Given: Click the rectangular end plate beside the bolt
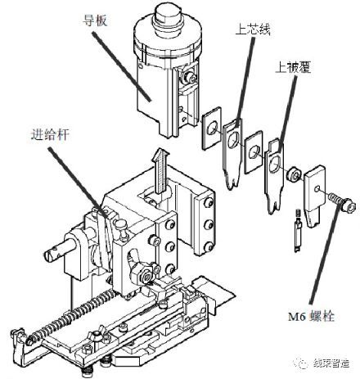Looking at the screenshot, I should tap(315, 190).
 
